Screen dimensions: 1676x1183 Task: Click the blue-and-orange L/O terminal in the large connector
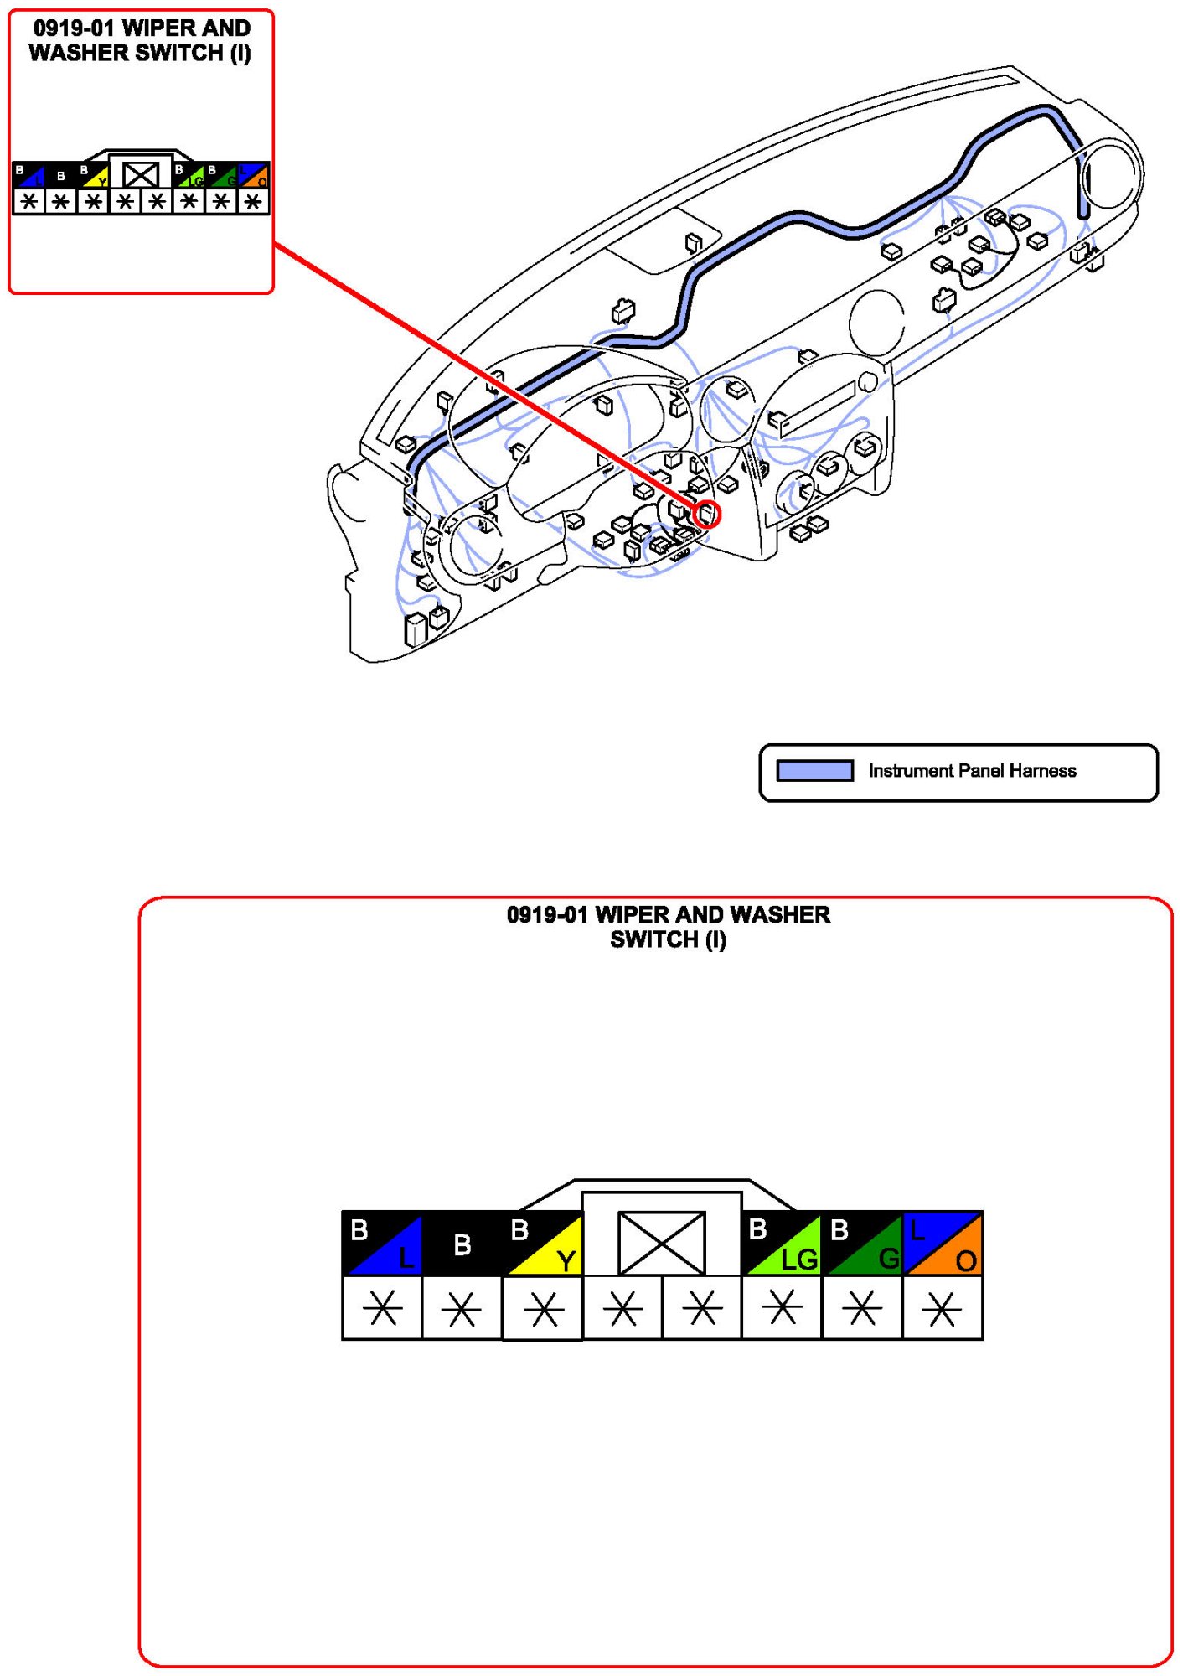tap(943, 1244)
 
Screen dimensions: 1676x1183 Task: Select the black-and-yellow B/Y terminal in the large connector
tap(543, 1244)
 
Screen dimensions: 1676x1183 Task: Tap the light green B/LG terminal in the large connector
tap(782, 1244)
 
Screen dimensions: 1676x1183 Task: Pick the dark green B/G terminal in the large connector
tap(862, 1244)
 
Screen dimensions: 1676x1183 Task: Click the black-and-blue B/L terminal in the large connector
tap(382, 1244)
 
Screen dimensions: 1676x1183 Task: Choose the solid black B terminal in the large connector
tap(462, 1244)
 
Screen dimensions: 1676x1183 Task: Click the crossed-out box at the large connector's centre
tap(661, 1243)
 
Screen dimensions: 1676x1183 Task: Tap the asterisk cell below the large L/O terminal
tap(943, 1308)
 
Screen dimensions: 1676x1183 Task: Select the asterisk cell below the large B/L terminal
tap(382, 1308)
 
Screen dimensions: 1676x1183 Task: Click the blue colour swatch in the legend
tap(814, 770)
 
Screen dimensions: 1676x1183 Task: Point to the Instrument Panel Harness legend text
tap(972, 770)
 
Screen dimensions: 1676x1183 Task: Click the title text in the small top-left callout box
tap(140, 40)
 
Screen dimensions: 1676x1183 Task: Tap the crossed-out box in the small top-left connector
tap(140, 174)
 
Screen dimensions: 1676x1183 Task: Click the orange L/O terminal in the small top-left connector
tap(254, 175)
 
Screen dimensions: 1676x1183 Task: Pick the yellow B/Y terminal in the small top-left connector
tap(94, 175)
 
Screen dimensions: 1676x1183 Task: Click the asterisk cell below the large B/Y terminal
tap(543, 1308)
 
